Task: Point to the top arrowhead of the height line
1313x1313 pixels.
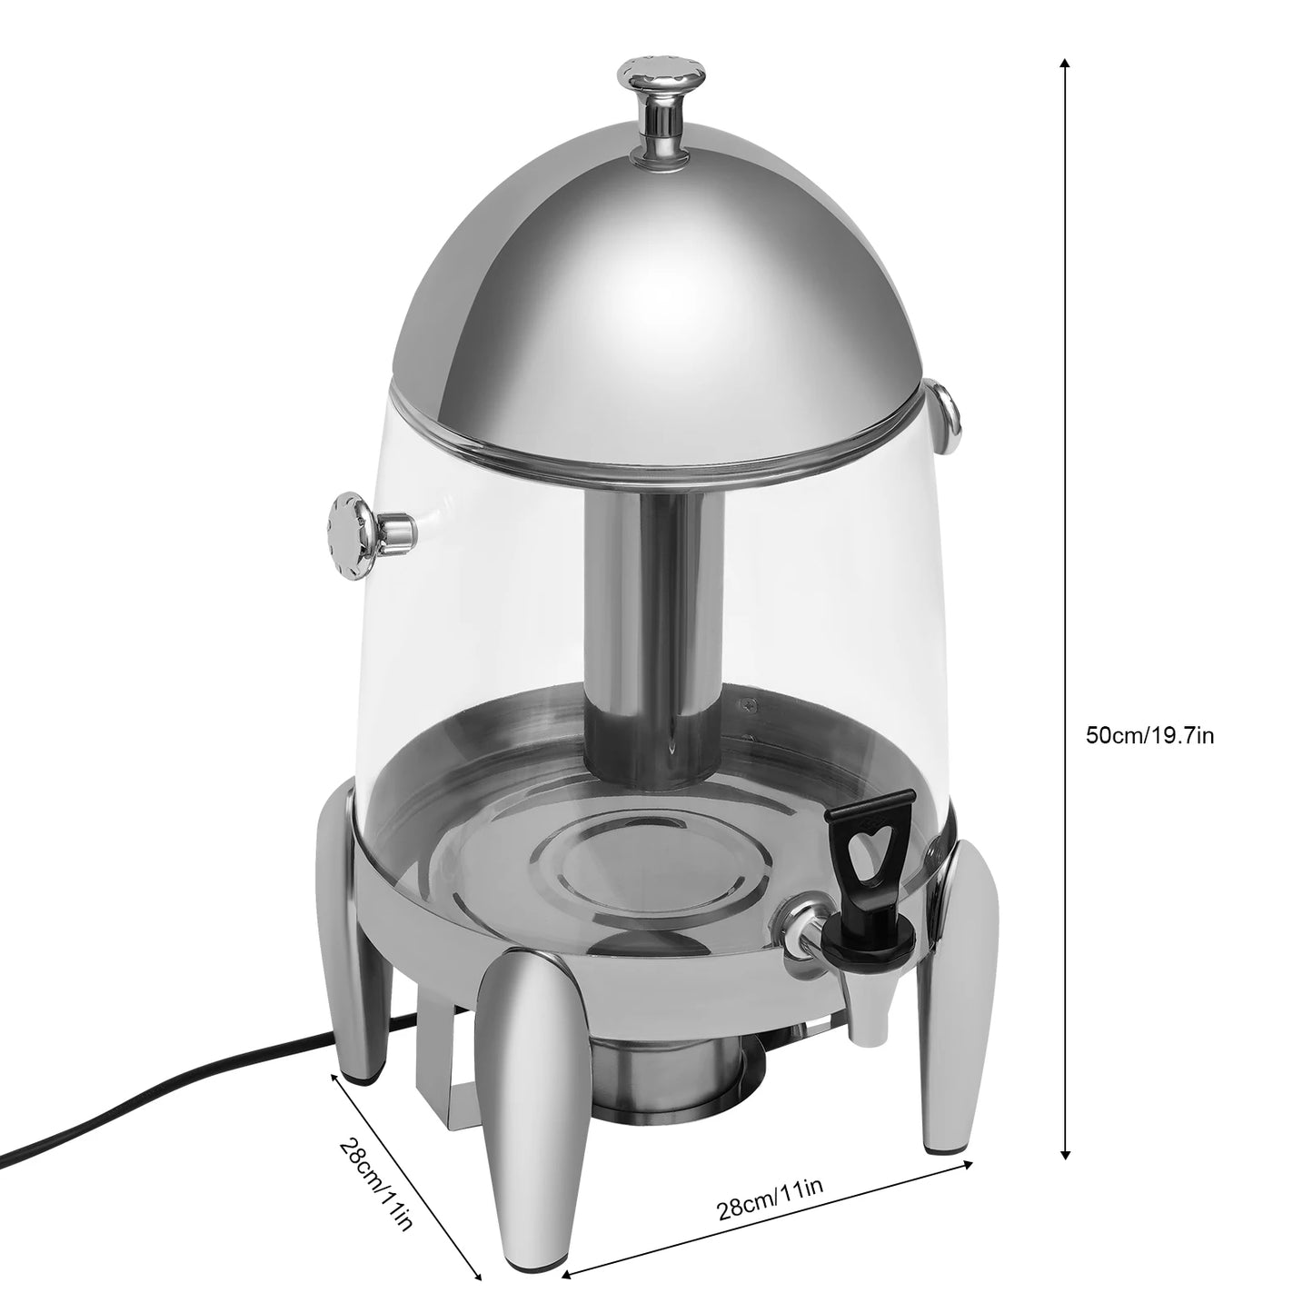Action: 1065,65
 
